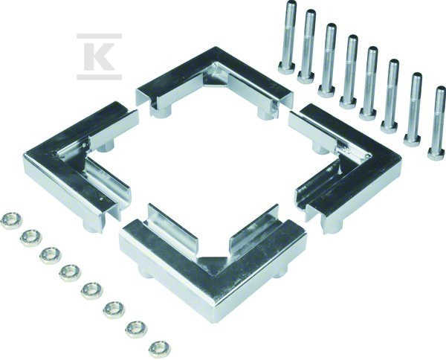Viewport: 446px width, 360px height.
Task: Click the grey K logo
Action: point(99,57)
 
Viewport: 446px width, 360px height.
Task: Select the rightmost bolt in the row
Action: point(438,123)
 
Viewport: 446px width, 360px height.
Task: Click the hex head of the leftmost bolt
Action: point(286,68)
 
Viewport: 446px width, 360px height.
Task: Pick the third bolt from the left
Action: point(329,60)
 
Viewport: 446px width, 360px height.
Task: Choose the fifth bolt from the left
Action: point(370,83)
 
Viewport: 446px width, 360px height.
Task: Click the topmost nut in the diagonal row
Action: point(10,222)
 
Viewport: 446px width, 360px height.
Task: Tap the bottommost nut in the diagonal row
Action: point(160,349)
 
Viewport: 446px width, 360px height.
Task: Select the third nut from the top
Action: point(51,255)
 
